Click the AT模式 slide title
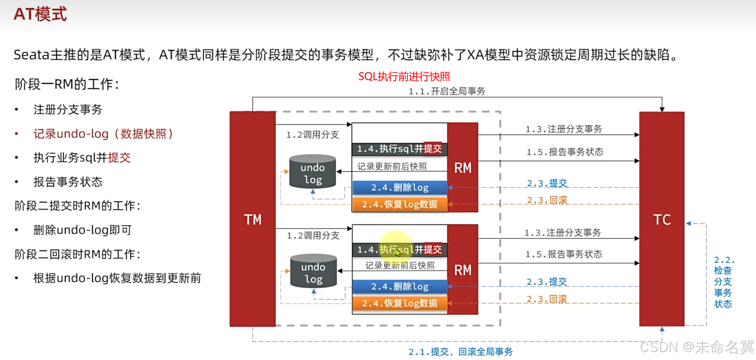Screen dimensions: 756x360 [40, 14]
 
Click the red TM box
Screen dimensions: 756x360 [252, 219]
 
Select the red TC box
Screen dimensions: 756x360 [661, 219]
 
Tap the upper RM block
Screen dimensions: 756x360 [462, 168]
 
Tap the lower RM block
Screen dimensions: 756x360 [462, 270]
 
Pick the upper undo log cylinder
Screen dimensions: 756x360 [313, 172]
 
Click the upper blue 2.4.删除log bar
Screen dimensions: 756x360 [399, 188]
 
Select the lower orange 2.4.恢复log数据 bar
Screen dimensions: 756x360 [399, 304]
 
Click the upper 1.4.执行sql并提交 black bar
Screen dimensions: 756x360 [399, 149]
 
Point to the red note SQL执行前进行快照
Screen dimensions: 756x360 [404, 77]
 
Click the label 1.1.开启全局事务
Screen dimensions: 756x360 [447, 92]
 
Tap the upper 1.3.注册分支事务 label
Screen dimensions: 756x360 [563, 129]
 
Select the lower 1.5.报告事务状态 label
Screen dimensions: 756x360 [563, 254]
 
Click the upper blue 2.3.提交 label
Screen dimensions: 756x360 [547, 183]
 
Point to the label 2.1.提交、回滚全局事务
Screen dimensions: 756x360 [460, 352]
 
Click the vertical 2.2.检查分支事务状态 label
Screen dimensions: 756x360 [723, 282]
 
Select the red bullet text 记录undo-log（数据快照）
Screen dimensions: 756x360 [103, 134]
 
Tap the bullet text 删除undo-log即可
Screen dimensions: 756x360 [83, 230]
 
